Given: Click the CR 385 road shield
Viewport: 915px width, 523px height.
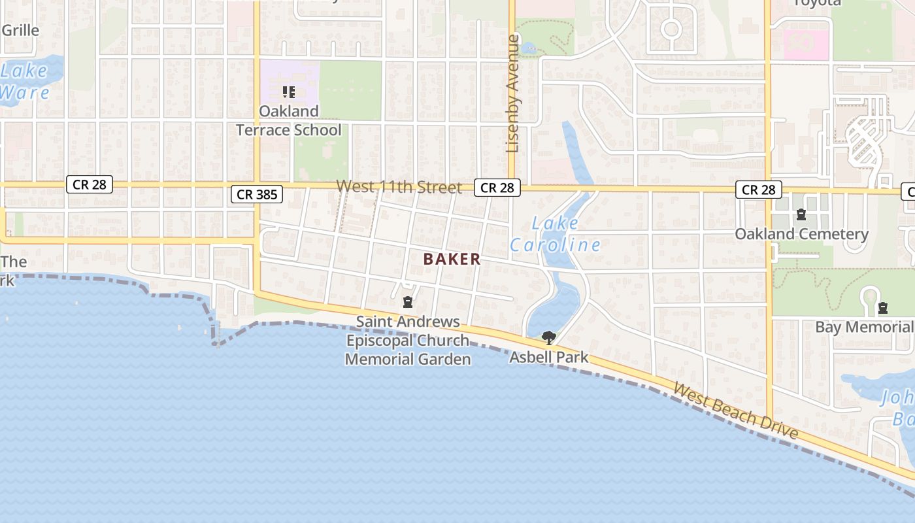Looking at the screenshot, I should [x=256, y=194].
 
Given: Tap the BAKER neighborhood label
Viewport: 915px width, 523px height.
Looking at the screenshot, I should [x=452, y=260].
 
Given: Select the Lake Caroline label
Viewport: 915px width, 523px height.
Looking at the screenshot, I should [x=555, y=234].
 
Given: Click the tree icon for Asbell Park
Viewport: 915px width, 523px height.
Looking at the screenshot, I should [x=549, y=338].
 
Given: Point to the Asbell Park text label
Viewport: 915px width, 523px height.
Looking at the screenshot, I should [x=548, y=358].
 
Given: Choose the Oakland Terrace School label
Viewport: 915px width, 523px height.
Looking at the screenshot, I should [x=288, y=120].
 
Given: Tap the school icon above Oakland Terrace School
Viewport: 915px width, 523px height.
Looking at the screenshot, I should [x=288, y=92].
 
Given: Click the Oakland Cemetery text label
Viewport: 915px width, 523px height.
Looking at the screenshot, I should [x=801, y=234].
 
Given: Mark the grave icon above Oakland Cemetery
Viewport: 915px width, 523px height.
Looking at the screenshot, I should [x=801, y=214].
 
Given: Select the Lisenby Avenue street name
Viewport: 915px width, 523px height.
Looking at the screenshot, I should [x=512, y=93].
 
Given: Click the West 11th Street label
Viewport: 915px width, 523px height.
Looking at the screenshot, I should [x=399, y=188].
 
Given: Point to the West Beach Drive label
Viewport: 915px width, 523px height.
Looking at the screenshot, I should [x=735, y=411].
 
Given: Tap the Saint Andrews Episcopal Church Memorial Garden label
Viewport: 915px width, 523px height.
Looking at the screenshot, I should [x=408, y=341].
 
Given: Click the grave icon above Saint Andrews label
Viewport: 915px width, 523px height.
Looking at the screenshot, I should [x=408, y=302].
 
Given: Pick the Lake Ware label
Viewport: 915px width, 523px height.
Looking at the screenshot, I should [x=24, y=81].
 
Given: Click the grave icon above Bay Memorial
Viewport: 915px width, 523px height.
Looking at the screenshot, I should [x=883, y=307].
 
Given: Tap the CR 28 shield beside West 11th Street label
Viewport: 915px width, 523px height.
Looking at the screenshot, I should [x=497, y=188].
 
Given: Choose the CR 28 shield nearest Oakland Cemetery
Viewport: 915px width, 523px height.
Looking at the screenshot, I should [x=758, y=190].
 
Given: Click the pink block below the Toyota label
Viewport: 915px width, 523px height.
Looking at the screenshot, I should [x=806, y=44].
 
